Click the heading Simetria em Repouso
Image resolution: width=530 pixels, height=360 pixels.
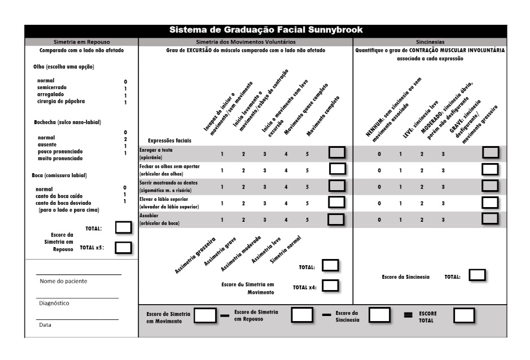(81, 42)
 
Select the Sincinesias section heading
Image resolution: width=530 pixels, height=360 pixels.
(430, 42)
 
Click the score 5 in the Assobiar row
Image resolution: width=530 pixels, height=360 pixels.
(307, 219)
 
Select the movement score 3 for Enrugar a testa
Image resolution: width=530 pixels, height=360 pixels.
(264, 153)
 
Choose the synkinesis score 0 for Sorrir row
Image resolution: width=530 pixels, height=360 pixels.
(379, 187)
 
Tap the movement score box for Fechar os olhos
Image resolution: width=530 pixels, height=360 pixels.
(338, 170)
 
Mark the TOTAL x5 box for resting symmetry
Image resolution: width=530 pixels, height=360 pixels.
(123, 247)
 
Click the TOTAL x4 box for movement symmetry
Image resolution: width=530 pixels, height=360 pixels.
(330, 287)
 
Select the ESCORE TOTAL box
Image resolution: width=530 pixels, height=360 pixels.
(463, 315)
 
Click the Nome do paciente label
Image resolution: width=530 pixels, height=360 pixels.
(63, 281)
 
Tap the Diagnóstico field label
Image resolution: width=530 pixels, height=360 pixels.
(54, 303)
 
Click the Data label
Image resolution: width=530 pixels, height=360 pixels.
(45, 325)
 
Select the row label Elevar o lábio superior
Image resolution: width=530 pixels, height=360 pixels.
(169, 200)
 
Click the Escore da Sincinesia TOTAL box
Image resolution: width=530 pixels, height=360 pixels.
(478, 276)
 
